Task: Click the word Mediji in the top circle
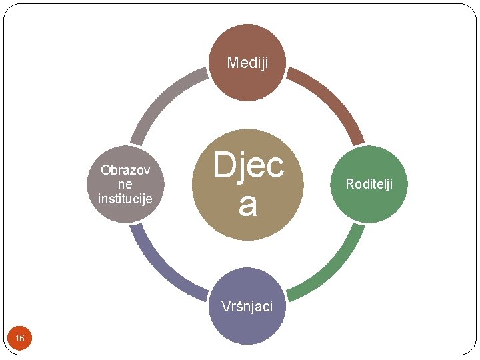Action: (247, 63)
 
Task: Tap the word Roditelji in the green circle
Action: (369, 183)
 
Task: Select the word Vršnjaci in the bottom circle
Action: (247, 306)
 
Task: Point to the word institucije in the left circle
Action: (125, 198)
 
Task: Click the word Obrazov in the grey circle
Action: (125, 170)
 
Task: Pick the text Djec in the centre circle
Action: (248, 165)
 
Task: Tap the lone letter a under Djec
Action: (247, 204)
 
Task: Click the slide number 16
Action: (20, 339)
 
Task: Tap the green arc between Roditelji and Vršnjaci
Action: (333, 267)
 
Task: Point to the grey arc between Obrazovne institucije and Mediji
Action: (163, 100)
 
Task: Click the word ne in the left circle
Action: (125, 184)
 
